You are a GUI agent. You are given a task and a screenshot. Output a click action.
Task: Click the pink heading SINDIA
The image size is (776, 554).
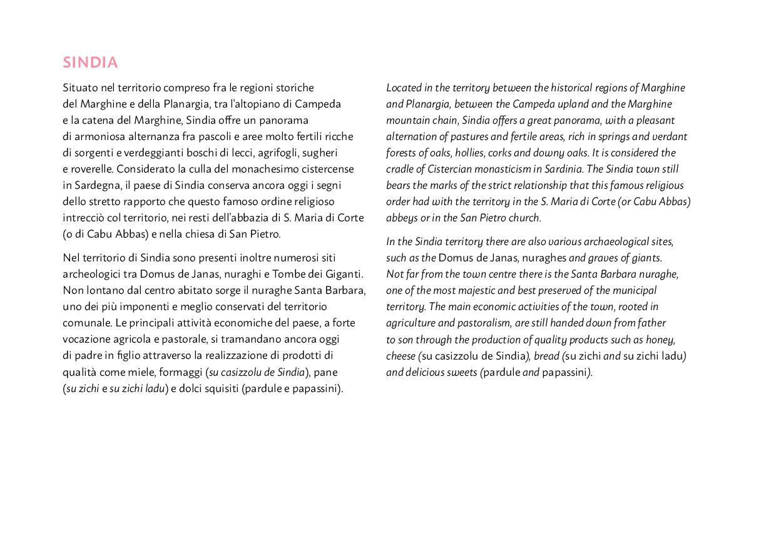[90, 63]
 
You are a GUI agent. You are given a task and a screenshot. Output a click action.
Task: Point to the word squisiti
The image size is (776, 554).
[218, 388]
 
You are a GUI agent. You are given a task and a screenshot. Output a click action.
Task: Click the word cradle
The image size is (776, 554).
[399, 169]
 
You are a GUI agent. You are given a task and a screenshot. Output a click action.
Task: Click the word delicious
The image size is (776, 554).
[427, 372]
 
